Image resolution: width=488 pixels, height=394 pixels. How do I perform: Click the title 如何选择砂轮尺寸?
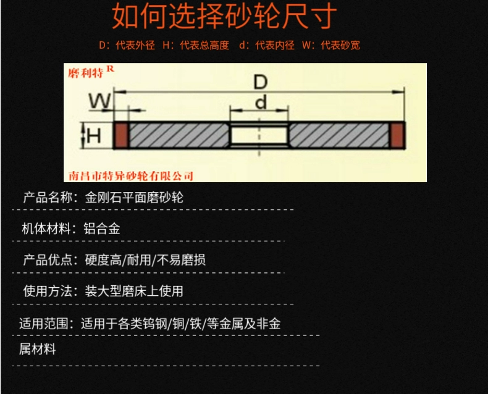pos(224,17)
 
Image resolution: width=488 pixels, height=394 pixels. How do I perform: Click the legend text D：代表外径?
pos(127,45)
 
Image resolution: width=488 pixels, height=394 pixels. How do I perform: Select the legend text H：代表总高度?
pos(196,45)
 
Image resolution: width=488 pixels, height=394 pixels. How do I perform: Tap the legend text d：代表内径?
pos(267,45)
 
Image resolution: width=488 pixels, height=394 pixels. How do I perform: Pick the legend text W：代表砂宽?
pos(331,45)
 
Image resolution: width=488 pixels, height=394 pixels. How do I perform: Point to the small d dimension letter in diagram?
pos(261,102)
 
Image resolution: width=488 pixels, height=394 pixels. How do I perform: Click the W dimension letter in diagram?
pos(99,100)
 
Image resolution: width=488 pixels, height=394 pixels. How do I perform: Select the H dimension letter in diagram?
pos(93,135)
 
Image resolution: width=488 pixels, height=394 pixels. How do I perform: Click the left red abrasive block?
pos(120,135)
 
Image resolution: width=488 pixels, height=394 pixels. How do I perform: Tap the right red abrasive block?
pos(397,135)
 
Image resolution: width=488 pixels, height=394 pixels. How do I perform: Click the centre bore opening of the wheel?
pos(259,135)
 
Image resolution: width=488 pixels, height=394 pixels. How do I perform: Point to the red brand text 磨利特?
pos(86,73)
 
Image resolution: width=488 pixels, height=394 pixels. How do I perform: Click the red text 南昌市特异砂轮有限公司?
pos(128,175)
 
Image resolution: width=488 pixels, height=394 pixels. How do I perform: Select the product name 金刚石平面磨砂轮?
pos(134,198)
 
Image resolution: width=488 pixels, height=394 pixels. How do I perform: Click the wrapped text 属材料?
pos(38,350)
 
